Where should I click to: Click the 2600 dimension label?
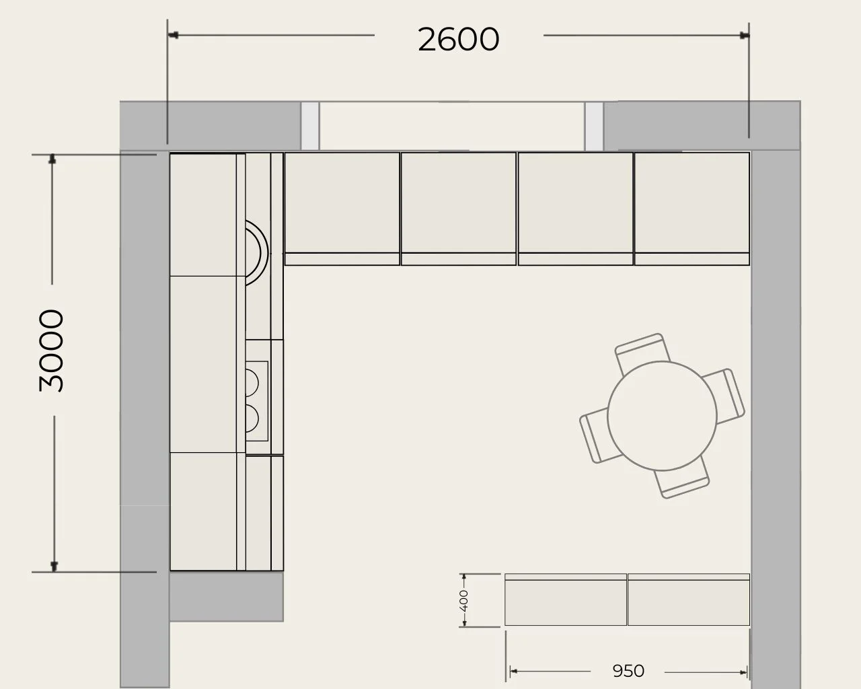pos(459,39)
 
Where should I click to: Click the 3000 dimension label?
pos(51,351)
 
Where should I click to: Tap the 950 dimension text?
pos(628,672)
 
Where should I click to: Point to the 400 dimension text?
pos(463,601)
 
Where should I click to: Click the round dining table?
pos(662,416)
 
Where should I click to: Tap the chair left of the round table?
pos(598,436)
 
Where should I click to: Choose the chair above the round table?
pos(642,353)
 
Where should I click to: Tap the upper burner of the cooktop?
pos(252,383)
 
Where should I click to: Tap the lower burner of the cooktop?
pos(252,419)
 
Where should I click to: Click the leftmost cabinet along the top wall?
pos(342,209)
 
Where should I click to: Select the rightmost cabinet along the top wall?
pos(692,209)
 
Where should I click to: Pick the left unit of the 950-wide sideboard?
pos(565,600)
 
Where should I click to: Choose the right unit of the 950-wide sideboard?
pos(689,600)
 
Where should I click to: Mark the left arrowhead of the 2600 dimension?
pos(173,35)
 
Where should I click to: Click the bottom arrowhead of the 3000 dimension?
pos(54,567)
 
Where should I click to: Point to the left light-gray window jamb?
pos(310,126)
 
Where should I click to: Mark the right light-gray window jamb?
pos(594,126)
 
